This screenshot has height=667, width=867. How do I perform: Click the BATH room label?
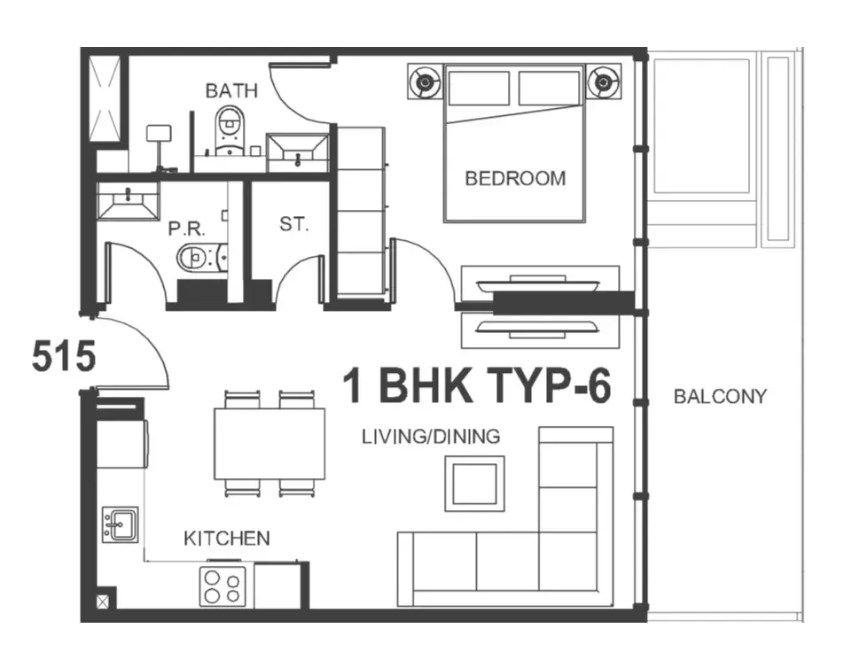click(x=231, y=90)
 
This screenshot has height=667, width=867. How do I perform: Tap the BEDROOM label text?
click(x=515, y=179)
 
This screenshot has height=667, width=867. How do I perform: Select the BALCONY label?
click(x=720, y=396)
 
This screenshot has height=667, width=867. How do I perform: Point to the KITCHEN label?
click(x=227, y=539)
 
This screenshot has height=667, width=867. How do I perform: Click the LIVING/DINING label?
click(x=431, y=437)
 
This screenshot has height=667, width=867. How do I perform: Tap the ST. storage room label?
click(x=293, y=224)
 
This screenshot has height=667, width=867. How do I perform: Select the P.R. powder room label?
click(x=186, y=229)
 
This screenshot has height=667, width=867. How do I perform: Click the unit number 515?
click(x=64, y=356)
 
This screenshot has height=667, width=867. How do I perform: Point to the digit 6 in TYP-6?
click(x=598, y=386)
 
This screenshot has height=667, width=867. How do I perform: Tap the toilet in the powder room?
click(x=202, y=257)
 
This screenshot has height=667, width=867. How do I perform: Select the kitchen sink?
click(x=120, y=524)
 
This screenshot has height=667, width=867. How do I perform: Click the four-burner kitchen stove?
click(x=223, y=586)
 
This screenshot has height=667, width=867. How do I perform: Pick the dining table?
click(x=269, y=444)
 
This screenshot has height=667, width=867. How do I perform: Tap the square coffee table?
click(x=474, y=484)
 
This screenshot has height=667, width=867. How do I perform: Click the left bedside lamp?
click(x=425, y=81)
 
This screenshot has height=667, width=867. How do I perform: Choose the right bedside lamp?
click(x=604, y=81)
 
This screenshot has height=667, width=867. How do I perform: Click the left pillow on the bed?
click(x=479, y=88)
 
